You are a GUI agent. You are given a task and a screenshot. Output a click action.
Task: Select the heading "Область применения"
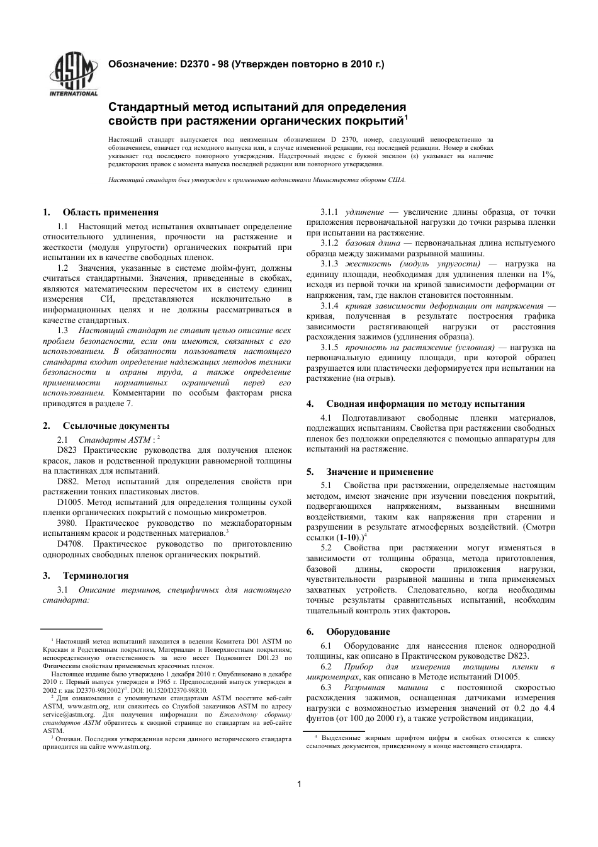[x=110, y=212]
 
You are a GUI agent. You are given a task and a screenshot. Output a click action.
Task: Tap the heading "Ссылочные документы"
[x=115, y=426]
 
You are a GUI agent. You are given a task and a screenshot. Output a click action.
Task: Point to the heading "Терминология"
[x=95, y=576]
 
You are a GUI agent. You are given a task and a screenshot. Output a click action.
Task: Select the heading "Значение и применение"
[x=380, y=472]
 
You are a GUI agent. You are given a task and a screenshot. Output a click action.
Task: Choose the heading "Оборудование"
[x=358, y=632]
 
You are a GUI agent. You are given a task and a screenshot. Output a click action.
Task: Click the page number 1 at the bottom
[x=299, y=784]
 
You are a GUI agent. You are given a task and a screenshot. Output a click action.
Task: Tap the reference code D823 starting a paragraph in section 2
[x=67, y=450]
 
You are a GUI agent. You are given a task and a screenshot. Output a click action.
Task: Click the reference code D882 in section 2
[x=67, y=482]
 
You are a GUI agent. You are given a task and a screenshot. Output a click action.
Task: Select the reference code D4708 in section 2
[x=69, y=543]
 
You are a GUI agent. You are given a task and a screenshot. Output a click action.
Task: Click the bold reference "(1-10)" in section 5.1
[x=349, y=538]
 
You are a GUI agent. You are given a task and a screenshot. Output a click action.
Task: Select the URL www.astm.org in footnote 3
[x=129, y=746]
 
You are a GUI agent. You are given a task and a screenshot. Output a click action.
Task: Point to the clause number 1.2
[x=63, y=267]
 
